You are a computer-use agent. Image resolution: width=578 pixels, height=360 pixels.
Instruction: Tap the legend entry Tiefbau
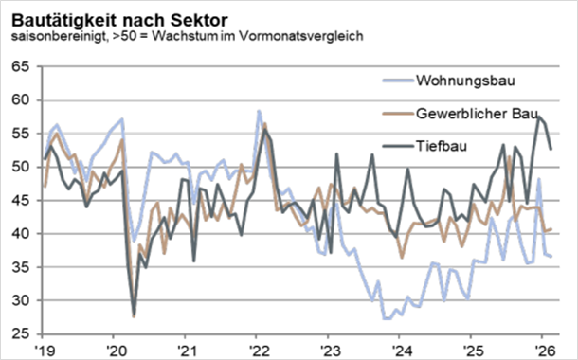pos(440,147)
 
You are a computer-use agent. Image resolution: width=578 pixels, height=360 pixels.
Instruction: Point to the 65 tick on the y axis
pos(21,66)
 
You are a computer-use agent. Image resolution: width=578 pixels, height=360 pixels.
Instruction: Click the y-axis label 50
pos(21,167)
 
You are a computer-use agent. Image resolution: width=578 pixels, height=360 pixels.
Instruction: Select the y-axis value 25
pos(21,333)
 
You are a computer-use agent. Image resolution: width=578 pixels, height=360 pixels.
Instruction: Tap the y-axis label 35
pos(21,267)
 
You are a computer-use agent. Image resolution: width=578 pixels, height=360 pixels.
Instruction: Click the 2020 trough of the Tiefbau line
pos(134,313)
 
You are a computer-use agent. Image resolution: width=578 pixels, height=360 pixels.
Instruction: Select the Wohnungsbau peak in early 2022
pos(259,112)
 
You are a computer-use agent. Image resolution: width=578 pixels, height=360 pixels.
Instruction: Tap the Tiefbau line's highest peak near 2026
pos(538,117)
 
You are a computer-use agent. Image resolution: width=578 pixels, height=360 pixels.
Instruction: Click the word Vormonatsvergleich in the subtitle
pos(304,36)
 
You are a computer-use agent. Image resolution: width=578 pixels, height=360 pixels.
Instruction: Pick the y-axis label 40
pos(21,234)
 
